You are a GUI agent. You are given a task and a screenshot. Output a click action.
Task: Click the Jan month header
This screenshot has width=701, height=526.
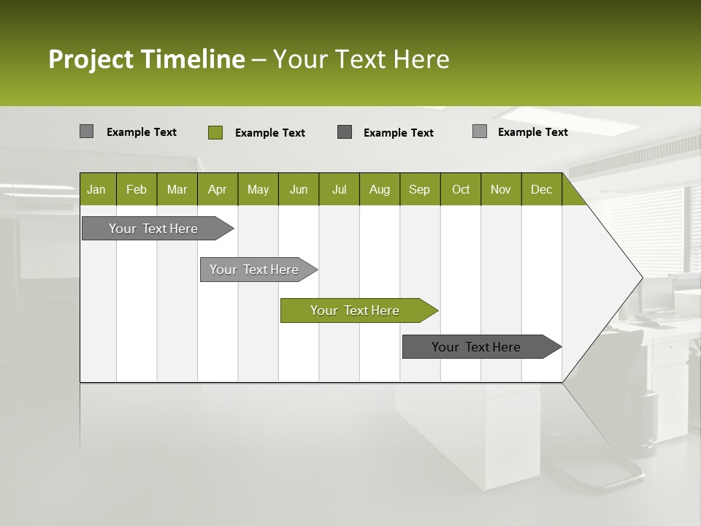click(96, 189)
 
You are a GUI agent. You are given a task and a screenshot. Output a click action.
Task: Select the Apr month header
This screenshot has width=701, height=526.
click(217, 189)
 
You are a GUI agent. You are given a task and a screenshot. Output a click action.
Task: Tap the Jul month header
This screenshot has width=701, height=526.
click(339, 189)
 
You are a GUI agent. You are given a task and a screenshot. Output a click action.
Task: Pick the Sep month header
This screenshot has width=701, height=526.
click(419, 189)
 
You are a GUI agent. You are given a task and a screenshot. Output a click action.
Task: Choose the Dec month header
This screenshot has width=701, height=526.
click(541, 189)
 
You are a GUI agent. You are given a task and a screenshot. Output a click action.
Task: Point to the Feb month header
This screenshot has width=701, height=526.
click(137, 189)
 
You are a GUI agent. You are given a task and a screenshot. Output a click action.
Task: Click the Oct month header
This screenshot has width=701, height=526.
click(461, 189)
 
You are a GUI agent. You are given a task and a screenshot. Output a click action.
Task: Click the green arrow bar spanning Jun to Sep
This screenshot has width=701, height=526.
click(355, 310)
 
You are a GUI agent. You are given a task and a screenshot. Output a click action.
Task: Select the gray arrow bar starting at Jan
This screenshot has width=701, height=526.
click(153, 229)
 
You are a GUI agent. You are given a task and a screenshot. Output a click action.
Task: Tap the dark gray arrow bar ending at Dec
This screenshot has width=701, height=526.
click(476, 347)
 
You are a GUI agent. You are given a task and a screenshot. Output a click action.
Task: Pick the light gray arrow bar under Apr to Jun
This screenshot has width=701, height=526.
click(254, 270)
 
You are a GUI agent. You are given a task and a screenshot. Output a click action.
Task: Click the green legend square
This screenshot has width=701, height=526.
click(215, 132)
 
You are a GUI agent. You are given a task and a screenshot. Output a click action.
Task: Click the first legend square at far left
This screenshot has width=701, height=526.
click(86, 131)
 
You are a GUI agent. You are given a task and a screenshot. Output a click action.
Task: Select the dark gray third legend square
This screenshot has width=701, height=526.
click(345, 131)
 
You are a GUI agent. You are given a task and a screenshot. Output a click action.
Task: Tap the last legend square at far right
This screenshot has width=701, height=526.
click(479, 131)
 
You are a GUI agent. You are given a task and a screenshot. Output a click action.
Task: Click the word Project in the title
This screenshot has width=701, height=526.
click(91, 59)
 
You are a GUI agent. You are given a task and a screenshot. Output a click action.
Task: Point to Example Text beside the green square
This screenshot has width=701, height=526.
click(269, 133)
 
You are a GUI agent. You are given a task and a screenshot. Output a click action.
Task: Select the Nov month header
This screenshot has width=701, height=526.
click(501, 189)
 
